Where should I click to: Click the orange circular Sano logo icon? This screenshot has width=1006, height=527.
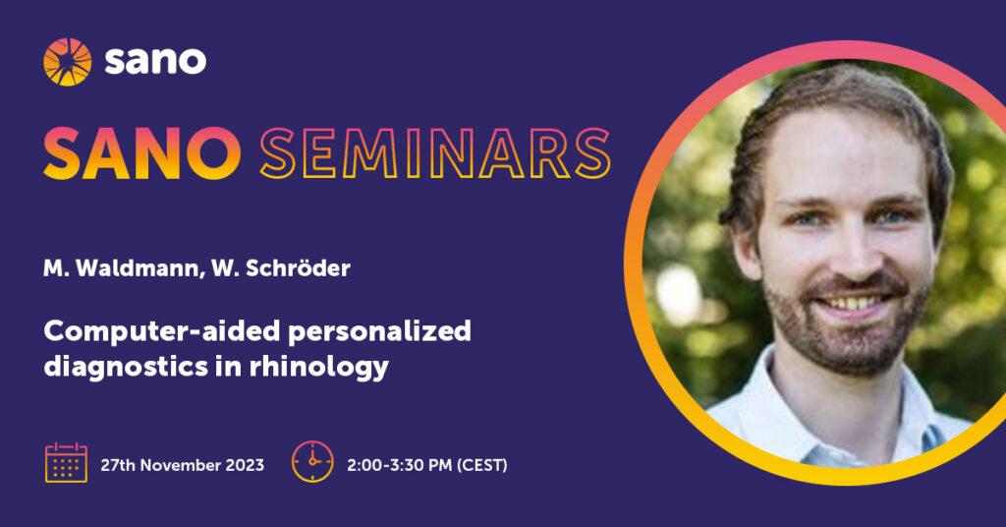(x=68, y=62)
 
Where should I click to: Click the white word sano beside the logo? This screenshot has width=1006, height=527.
(x=155, y=61)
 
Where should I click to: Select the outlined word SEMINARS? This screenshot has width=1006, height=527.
(x=435, y=153)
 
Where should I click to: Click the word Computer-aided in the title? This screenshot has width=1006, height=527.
(x=162, y=332)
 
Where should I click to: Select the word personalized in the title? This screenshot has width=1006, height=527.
(x=380, y=332)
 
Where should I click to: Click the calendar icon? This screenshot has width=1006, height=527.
(x=66, y=462)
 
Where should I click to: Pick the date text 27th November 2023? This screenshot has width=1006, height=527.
(x=182, y=465)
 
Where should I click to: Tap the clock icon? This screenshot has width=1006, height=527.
(x=312, y=461)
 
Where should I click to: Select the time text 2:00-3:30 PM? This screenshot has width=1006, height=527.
(x=400, y=465)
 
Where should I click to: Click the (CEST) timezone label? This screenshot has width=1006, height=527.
(x=481, y=465)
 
